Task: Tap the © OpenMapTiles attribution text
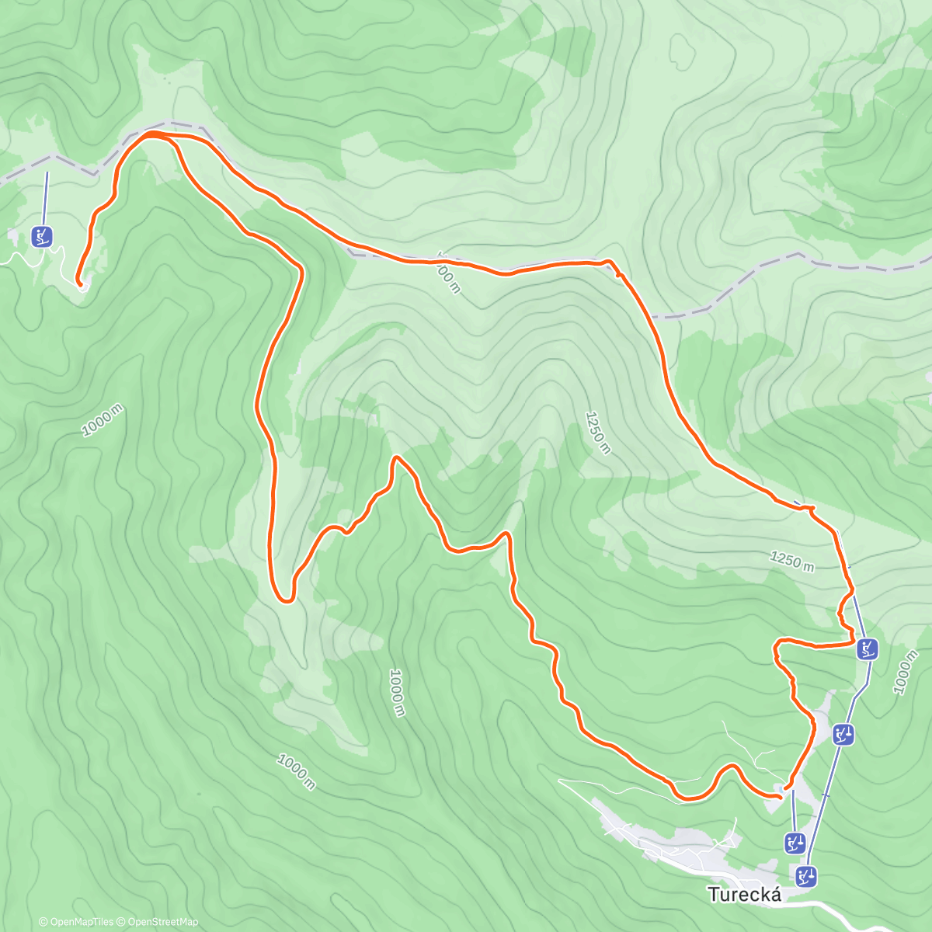coord(76,922)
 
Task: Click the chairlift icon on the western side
coord(43,236)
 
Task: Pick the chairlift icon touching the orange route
coord(867,649)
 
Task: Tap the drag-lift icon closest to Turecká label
coord(807,877)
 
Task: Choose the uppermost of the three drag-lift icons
coord(843,734)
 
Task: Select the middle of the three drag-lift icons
coord(794,843)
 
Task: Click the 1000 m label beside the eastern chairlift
coord(905,673)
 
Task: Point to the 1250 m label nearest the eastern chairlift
coord(792,560)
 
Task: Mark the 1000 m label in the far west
coord(103,420)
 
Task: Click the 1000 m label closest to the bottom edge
coord(296,772)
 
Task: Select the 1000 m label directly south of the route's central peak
coord(397,693)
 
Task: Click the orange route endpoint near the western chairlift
coord(78,283)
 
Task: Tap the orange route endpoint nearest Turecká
coord(779,795)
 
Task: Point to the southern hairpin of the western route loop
coord(286,599)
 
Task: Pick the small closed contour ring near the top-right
coord(683,51)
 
